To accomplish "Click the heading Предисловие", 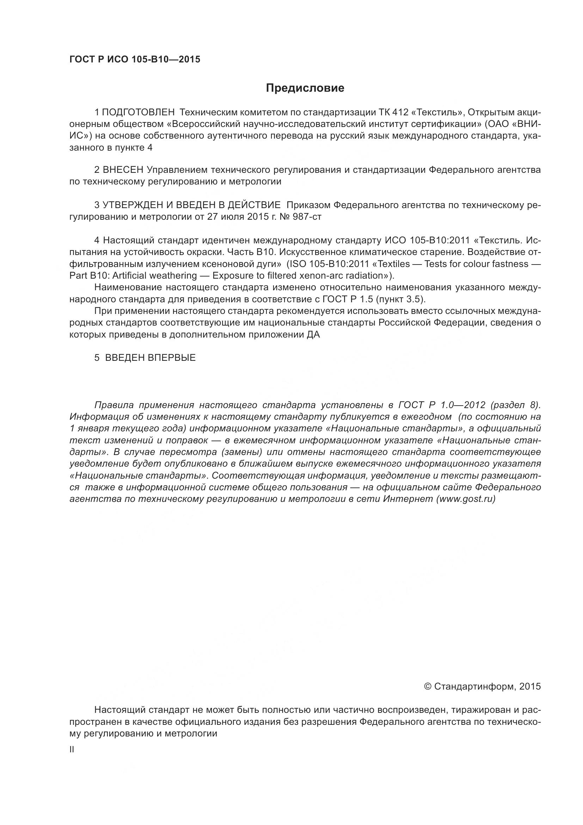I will (x=305, y=88).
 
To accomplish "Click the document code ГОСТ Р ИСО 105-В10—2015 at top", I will (x=135, y=60).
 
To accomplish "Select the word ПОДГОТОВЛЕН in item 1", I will (x=138, y=113).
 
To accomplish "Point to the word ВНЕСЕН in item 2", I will (x=123, y=170).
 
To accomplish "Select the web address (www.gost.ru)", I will (x=466, y=499).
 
